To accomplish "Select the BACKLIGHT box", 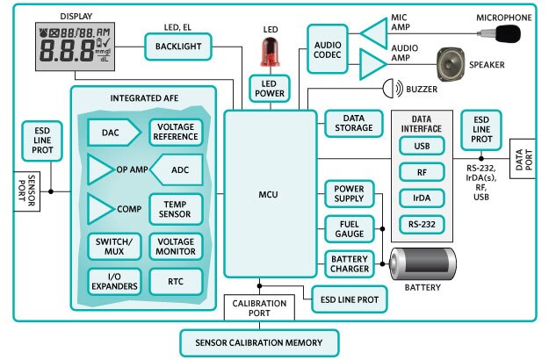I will coord(178,47).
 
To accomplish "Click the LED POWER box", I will coord(270,90).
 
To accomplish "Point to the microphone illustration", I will coord(503,33).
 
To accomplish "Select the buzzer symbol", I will coord(391,89).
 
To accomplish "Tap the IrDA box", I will coord(421,197).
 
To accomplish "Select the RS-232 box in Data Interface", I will coord(421,224).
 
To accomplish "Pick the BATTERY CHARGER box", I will coord(349,263).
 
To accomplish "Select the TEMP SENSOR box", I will coord(176,208).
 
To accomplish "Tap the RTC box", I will coord(176,281).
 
